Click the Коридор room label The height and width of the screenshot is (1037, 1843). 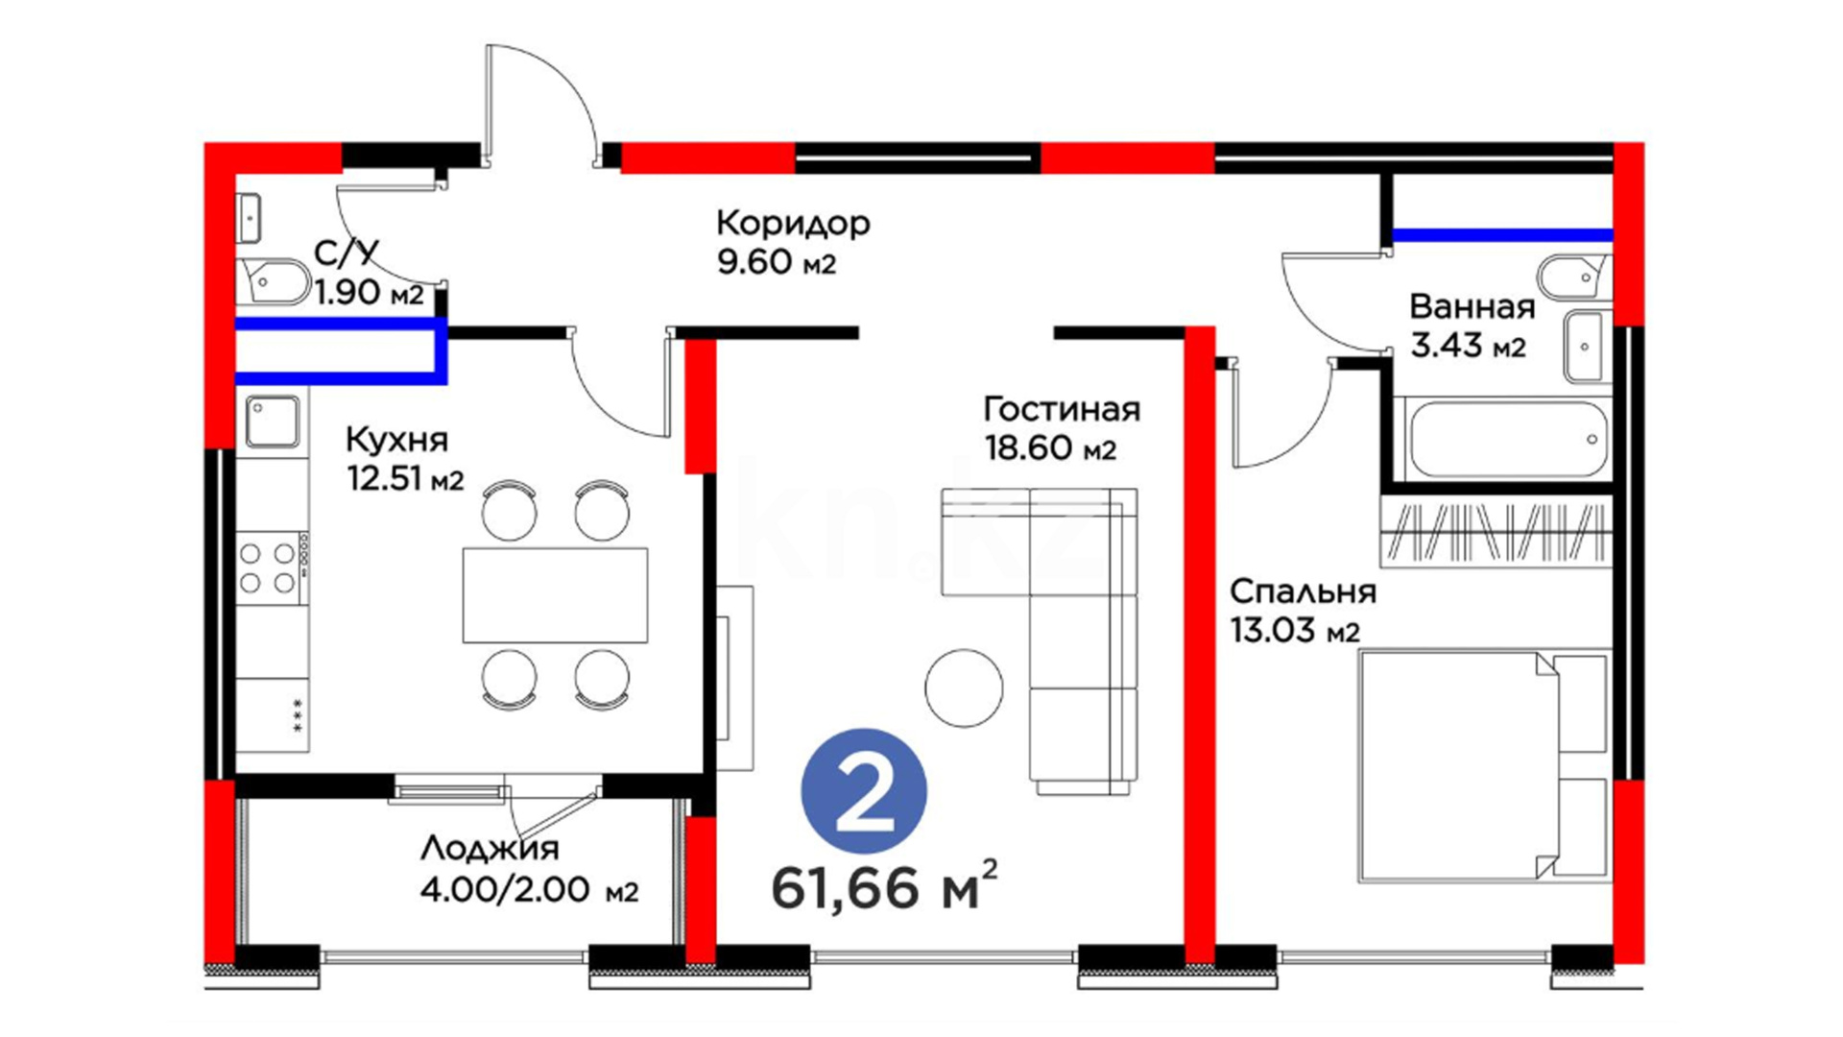click(x=793, y=223)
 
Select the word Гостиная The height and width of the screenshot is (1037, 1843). click(x=1062, y=410)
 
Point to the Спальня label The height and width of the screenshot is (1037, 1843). click(x=1303, y=591)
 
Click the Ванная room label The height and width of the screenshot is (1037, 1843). click(x=1472, y=307)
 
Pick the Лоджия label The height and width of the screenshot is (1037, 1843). click(x=490, y=849)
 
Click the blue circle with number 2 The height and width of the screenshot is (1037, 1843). click(x=864, y=791)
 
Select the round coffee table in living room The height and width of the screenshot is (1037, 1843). click(x=964, y=687)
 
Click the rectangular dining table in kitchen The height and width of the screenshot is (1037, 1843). click(x=555, y=595)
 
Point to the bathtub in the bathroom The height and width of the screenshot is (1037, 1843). click(x=1504, y=440)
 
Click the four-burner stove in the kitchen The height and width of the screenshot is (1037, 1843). click(x=268, y=567)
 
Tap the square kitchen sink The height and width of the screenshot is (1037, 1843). click(x=272, y=421)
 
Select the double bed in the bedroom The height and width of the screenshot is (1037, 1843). click(x=1483, y=766)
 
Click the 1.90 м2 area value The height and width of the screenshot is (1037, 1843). click(x=369, y=292)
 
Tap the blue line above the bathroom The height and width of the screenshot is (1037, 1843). click(x=1501, y=234)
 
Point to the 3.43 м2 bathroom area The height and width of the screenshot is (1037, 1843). click(x=1467, y=345)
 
